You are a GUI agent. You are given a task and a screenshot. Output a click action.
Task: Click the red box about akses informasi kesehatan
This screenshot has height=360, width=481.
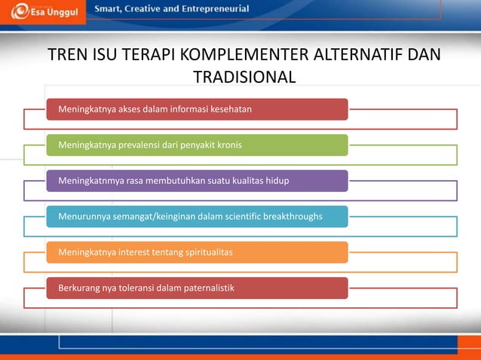point(197,109)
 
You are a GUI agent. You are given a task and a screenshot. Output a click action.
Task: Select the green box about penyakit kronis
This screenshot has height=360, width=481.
point(197,145)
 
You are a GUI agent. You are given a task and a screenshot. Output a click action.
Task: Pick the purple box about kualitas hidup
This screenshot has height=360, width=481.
point(197,181)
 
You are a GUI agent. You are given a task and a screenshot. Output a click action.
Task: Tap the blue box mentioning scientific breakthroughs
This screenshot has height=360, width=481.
point(197,217)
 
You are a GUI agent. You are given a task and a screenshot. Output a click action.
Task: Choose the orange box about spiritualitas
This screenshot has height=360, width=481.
point(197,252)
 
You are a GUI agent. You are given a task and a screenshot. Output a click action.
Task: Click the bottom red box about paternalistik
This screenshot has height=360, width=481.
point(197,288)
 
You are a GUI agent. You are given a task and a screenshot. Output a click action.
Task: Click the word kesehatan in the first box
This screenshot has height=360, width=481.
point(230,109)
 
